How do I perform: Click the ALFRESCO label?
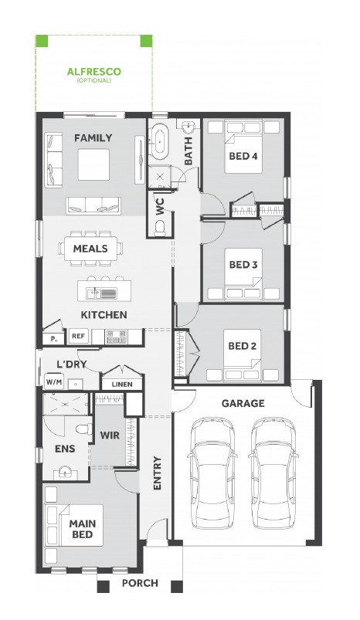pyautogui.click(x=93, y=72)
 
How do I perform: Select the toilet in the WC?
pyautogui.click(x=160, y=228)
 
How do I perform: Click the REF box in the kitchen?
pyautogui.click(x=78, y=336)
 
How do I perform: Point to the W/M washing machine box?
pyautogui.click(x=54, y=382)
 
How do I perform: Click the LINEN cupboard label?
pyautogui.click(x=122, y=384)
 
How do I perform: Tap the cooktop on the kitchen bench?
pyautogui.click(x=117, y=337)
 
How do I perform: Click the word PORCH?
pyautogui.click(x=140, y=583)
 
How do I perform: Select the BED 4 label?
pyautogui.click(x=243, y=156)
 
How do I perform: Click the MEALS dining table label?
pyautogui.click(x=90, y=249)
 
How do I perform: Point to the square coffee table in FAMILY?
pyautogui.click(x=93, y=164)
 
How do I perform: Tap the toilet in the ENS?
pyautogui.click(x=84, y=429)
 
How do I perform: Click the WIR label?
pyautogui.click(x=110, y=435)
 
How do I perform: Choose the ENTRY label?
pyautogui.click(x=157, y=473)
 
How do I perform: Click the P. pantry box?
pyautogui.click(x=54, y=339)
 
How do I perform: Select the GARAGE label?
pyautogui.click(x=243, y=404)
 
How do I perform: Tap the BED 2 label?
pyautogui.click(x=242, y=346)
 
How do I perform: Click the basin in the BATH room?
pyautogui.click(x=188, y=127)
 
